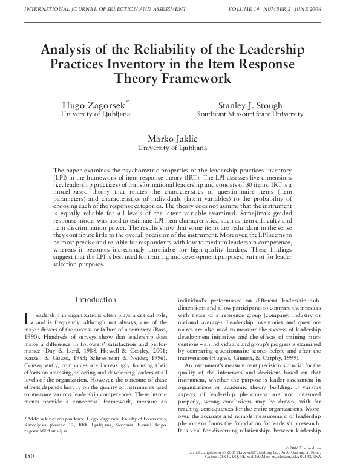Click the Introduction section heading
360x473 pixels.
[x=96, y=300]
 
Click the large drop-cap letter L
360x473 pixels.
[x=27, y=319]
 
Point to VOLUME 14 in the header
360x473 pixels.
[x=260, y=8]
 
